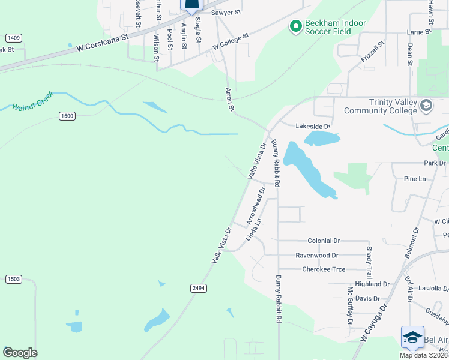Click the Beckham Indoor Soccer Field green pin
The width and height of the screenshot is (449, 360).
tap(295, 26)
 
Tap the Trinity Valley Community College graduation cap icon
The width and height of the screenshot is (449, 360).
tap(426, 106)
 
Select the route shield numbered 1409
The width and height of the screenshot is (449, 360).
tap(14, 38)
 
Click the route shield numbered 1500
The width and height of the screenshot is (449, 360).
tap(67, 115)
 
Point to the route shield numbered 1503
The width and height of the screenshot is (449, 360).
tap(14, 279)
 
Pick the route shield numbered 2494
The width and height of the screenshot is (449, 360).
tap(199, 288)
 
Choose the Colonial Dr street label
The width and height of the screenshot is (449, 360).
tap(323, 241)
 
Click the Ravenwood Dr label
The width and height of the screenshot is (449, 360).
tap(317, 255)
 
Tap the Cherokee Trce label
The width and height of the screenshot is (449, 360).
tap(324, 269)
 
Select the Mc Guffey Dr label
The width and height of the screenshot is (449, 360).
tap(350, 305)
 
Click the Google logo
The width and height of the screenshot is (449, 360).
tap(20, 353)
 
